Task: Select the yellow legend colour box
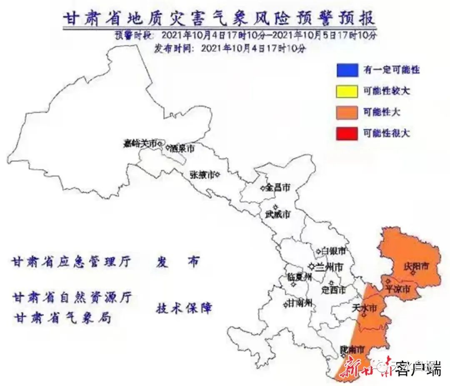click(x=347, y=91)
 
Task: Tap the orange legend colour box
click(x=347, y=112)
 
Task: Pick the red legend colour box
click(x=347, y=134)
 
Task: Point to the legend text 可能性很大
click(x=386, y=134)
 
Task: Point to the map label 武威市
click(x=277, y=215)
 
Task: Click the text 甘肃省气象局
click(x=62, y=318)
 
